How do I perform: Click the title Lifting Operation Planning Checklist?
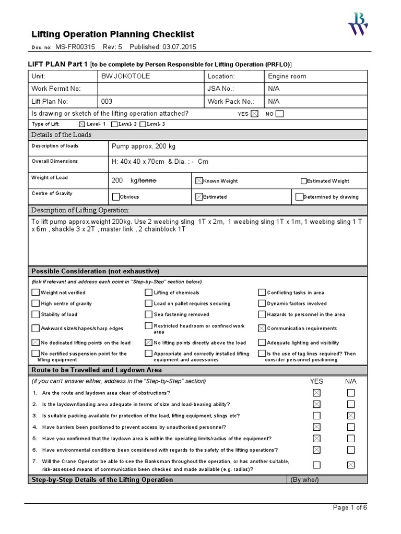(x=113, y=34)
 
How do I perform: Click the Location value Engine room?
(x=287, y=76)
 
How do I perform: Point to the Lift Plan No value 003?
(x=107, y=102)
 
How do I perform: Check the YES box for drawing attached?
(x=254, y=114)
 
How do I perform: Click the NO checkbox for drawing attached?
(x=279, y=114)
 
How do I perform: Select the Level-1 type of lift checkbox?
(x=81, y=124)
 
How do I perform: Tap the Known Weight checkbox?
(x=199, y=180)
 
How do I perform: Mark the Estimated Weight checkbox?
(x=303, y=181)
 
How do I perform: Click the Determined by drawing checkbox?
(x=299, y=197)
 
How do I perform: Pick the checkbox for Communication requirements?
(x=262, y=329)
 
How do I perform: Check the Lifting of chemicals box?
(x=149, y=293)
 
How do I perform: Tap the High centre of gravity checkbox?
(x=36, y=304)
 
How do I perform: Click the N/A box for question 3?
(x=351, y=416)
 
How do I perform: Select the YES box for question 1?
(x=316, y=393)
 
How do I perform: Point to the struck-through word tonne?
(x=146, y=180)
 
